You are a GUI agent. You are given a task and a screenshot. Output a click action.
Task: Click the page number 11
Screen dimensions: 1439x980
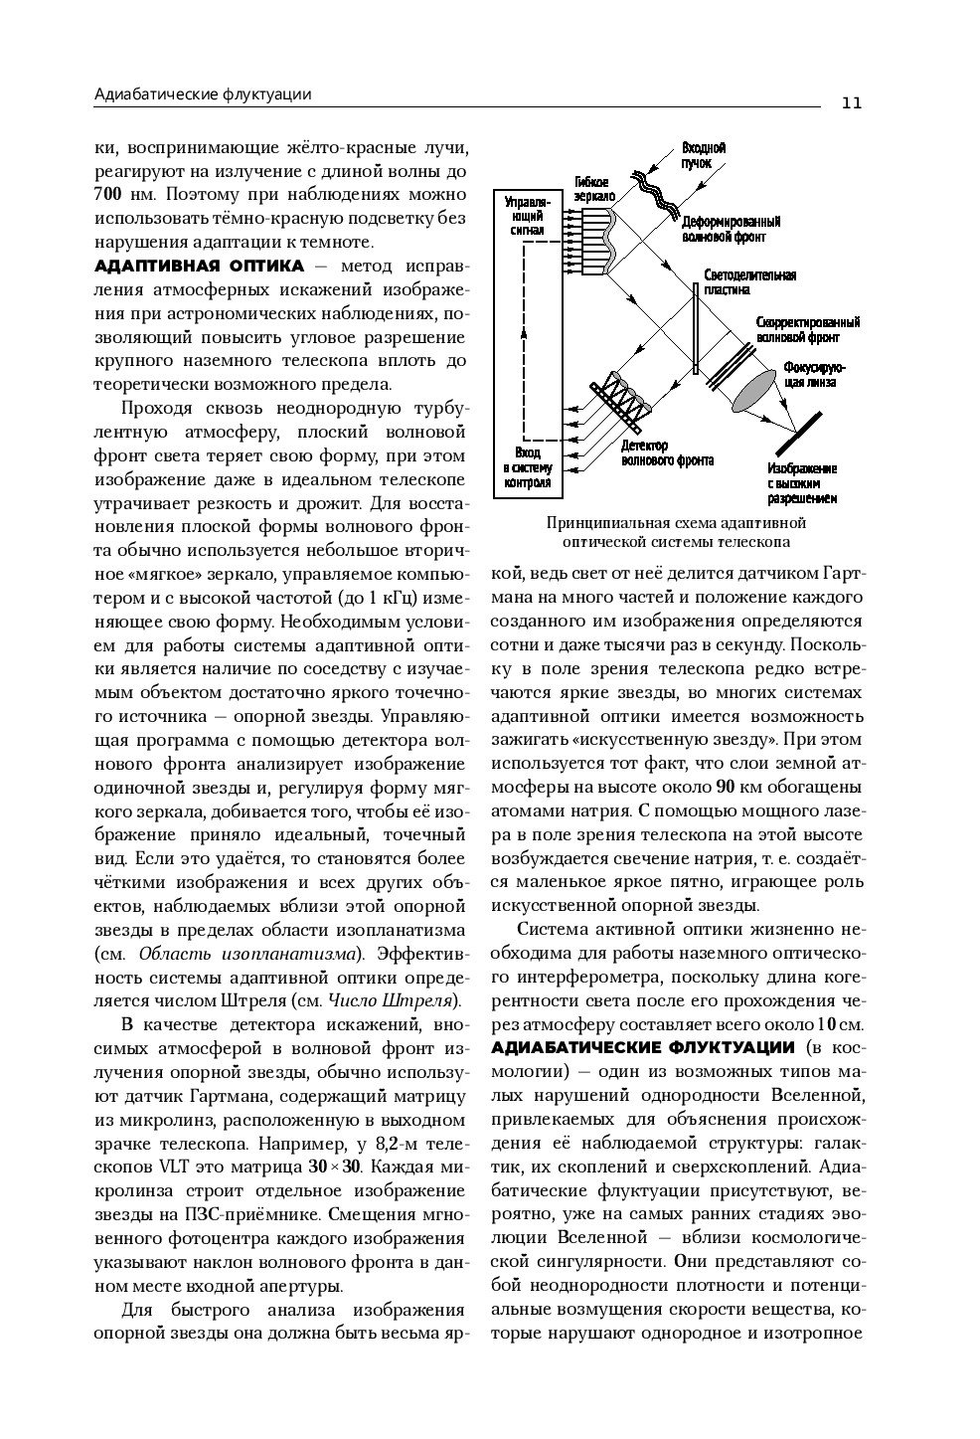tap(851, 103)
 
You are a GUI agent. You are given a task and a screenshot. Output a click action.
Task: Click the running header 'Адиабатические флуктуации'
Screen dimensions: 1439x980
tap(203, 94)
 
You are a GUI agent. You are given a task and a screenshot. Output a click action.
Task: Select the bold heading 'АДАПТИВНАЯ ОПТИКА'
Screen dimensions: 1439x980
tap(199, 266)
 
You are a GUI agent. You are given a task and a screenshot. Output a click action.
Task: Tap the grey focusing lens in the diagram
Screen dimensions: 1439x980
tap(756, 389)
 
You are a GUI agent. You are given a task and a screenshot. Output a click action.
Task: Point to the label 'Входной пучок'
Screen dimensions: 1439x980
tap(703, 155)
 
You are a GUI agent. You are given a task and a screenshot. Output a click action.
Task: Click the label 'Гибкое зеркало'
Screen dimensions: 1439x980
tap(594, 189)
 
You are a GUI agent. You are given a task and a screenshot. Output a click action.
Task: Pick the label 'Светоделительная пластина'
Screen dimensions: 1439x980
tap(749, 281)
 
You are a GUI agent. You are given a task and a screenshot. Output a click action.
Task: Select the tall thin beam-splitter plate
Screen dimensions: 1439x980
tap(697, 328)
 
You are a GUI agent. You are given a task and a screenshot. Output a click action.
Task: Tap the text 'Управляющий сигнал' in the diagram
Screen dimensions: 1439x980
tap(527, 215)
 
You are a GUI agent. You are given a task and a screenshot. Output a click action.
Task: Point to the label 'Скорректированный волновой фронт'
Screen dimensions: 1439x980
tap(807, 329)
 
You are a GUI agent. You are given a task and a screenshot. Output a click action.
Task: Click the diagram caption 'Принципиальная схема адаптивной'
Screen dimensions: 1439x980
tap(676, 523)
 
